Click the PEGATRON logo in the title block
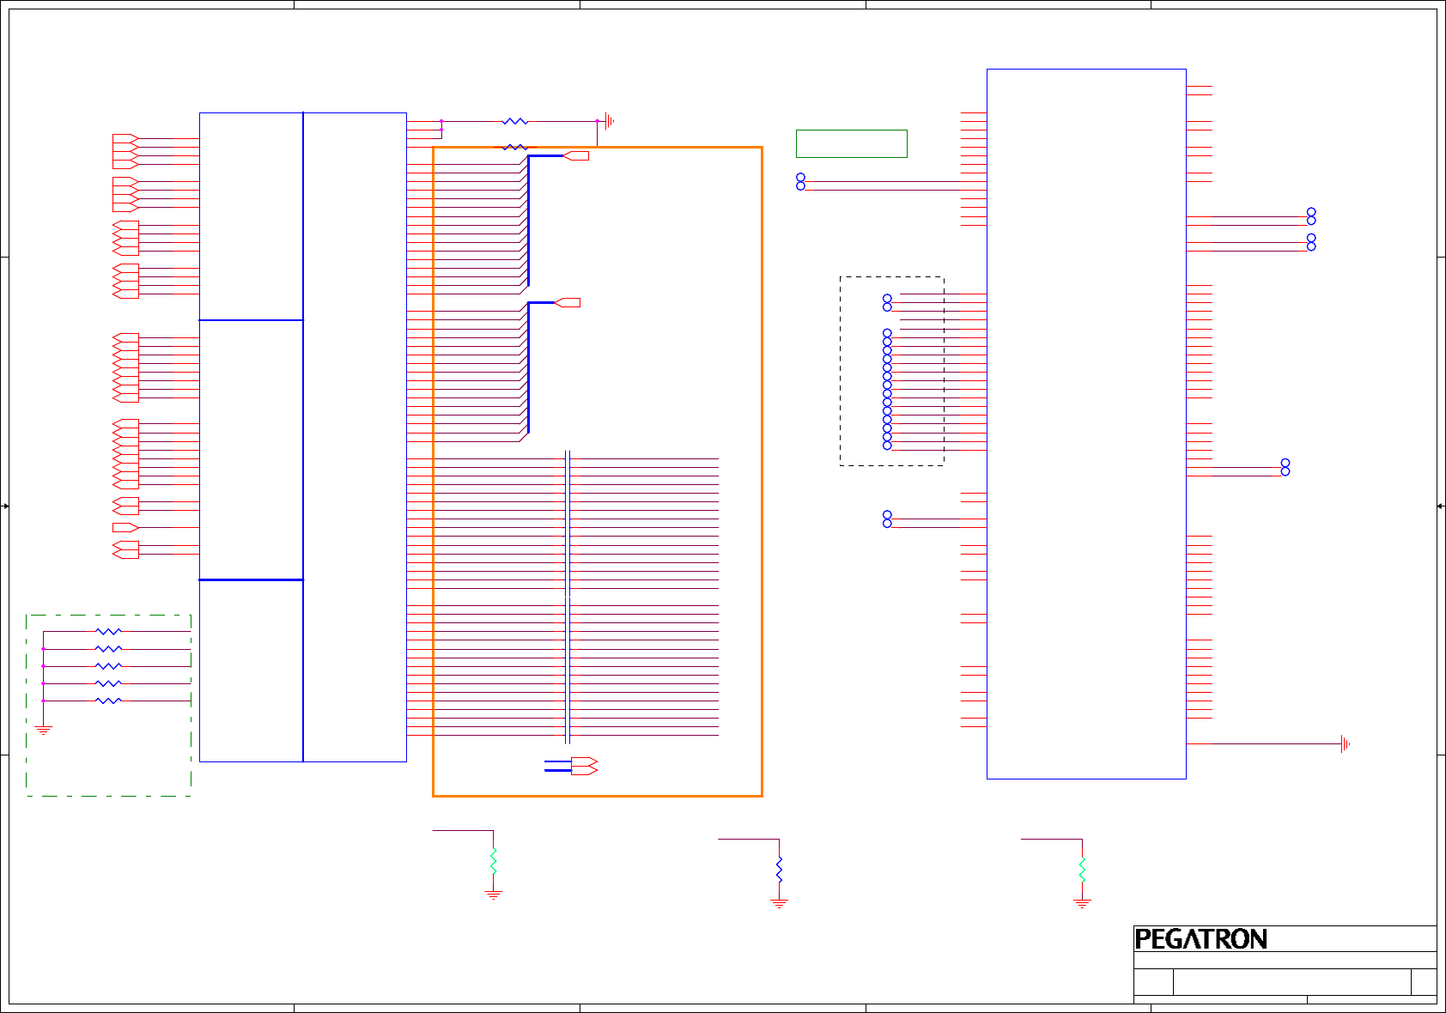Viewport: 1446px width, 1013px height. [x=1200, y=939]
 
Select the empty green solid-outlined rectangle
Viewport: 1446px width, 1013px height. [x=851, y=143]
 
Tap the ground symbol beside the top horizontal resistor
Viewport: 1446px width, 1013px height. [x=609, y=121]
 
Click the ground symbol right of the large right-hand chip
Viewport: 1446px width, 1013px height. [x=1345, y=744]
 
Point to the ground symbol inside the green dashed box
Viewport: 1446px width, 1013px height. [x=43, y=730]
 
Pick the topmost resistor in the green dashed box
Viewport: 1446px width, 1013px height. [x=108, y=632]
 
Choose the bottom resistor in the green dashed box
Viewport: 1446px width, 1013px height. [x=108, y=701]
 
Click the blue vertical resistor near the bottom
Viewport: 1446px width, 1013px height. [x=779, y=869]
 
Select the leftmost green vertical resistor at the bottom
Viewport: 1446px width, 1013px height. [x=493, y=861]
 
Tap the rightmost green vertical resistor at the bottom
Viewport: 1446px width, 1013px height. [x=1082, y=869]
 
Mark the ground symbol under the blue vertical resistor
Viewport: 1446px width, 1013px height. [x=779, y=903]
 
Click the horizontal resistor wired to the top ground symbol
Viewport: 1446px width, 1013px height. [x=514, y=122]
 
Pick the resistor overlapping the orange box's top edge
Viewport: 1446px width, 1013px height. [x=514, y=148]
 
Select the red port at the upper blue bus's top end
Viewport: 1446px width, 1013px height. [x=576, y=156]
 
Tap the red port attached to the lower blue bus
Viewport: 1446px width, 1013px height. [x=568, y=302]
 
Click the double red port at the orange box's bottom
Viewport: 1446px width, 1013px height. [x=584, y=766]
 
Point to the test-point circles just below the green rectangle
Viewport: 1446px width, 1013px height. [x=800, y=182]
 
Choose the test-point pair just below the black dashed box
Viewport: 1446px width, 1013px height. [x=887, y=519]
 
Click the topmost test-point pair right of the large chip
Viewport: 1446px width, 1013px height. [x=1311, y=216]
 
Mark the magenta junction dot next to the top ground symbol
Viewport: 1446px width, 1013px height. [x=597, y=121]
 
